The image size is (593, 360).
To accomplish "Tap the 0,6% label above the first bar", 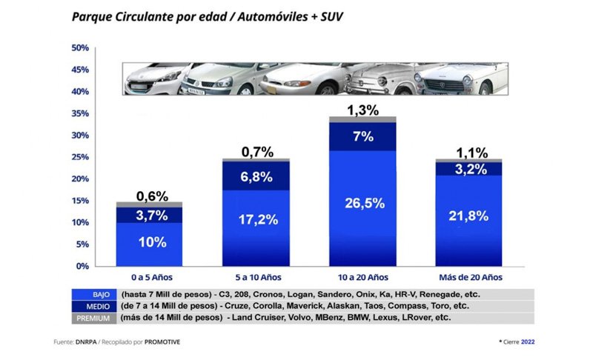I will point(151,196).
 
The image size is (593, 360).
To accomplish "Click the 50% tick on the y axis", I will point(79,48).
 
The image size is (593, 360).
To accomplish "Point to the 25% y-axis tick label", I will point(79,157).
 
